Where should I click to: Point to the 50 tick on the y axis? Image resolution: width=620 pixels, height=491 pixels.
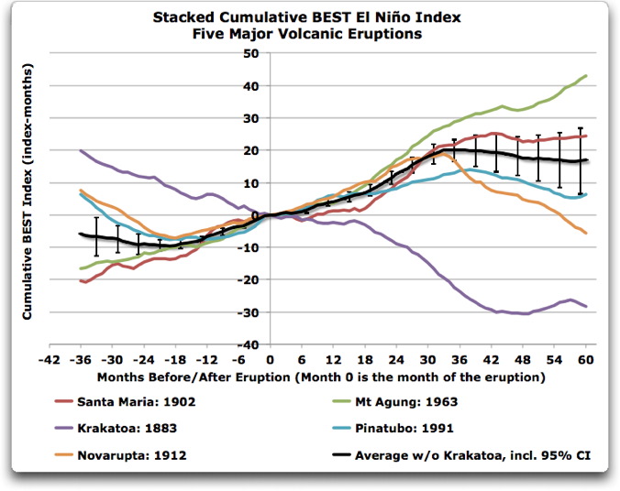(x=249, y=53)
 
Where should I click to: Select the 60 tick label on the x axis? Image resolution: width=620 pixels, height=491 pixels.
(x=586, y=358)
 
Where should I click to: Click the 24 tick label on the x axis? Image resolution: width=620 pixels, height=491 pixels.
(x=396, y=358)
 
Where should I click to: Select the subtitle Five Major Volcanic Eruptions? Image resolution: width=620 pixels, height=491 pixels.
(x=309, y=34)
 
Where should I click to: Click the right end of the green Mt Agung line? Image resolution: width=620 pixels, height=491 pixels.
(x=586, y=76)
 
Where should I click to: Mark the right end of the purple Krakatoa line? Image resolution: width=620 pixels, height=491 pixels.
(x=586, y=306)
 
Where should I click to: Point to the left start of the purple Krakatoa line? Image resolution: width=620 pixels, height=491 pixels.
(x=81, y=151)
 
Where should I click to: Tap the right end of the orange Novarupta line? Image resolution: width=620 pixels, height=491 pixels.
(x=586, y=234)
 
